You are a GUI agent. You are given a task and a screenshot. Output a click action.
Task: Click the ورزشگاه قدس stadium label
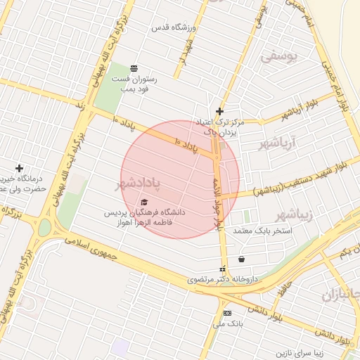pyautogui.click(x=172, y=27)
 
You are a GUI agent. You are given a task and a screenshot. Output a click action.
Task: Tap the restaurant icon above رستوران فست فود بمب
pyautogui.click(x=134, y=67)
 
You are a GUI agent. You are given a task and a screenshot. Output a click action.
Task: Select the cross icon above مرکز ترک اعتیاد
pyautogui.click(x=220, y=110)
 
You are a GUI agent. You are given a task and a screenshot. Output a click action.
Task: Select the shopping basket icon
pyautogui.click(x=242, y=259)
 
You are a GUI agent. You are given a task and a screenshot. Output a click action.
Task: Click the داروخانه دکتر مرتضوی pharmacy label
pyautogui.click(x=223, y=279)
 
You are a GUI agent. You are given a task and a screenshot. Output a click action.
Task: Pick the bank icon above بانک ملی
pyautogui.click(x=227, y=313)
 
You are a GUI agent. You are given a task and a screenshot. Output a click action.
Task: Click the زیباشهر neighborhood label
pyautogui.click(x=292, y=214)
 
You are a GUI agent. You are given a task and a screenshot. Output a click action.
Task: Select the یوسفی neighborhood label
pyautogui.click(x=280, y=56)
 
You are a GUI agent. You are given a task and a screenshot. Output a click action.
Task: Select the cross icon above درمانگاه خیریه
pyautogui.click(x=19, y=168)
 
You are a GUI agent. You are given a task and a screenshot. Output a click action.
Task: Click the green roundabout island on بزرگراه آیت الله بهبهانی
pyautogui.click(x=44, y=228)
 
